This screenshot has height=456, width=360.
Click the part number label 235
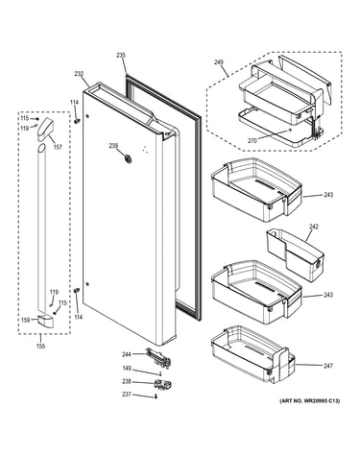tap(121, 56)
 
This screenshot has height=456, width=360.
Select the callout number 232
tap(79, 74)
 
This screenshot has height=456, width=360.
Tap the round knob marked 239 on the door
tap(128, 158)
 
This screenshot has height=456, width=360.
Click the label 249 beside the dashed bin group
tap(219, 62)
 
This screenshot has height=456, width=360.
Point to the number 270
tap(252, 140)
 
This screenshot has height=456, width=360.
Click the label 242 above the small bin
tap(314, 227)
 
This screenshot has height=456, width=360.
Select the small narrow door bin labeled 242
tap(295, 254)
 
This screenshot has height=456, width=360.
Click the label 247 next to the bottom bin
tap(328, 366)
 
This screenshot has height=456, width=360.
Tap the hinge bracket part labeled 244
tap(158, 355)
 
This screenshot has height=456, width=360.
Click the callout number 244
tap(127, 354)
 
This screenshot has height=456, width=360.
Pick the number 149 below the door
tap(127, 369)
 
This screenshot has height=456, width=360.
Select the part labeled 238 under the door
tap(162, 384)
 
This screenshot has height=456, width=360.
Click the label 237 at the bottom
tap(127, 395)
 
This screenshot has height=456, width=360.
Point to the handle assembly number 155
tap(40, 346)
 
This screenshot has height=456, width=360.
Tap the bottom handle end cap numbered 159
tap(45, 321)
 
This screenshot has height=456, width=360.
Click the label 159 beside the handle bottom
tap(26, 320)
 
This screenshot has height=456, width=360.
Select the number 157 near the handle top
tap(58, 147)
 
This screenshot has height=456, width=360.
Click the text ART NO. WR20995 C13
tap(310, 400)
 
